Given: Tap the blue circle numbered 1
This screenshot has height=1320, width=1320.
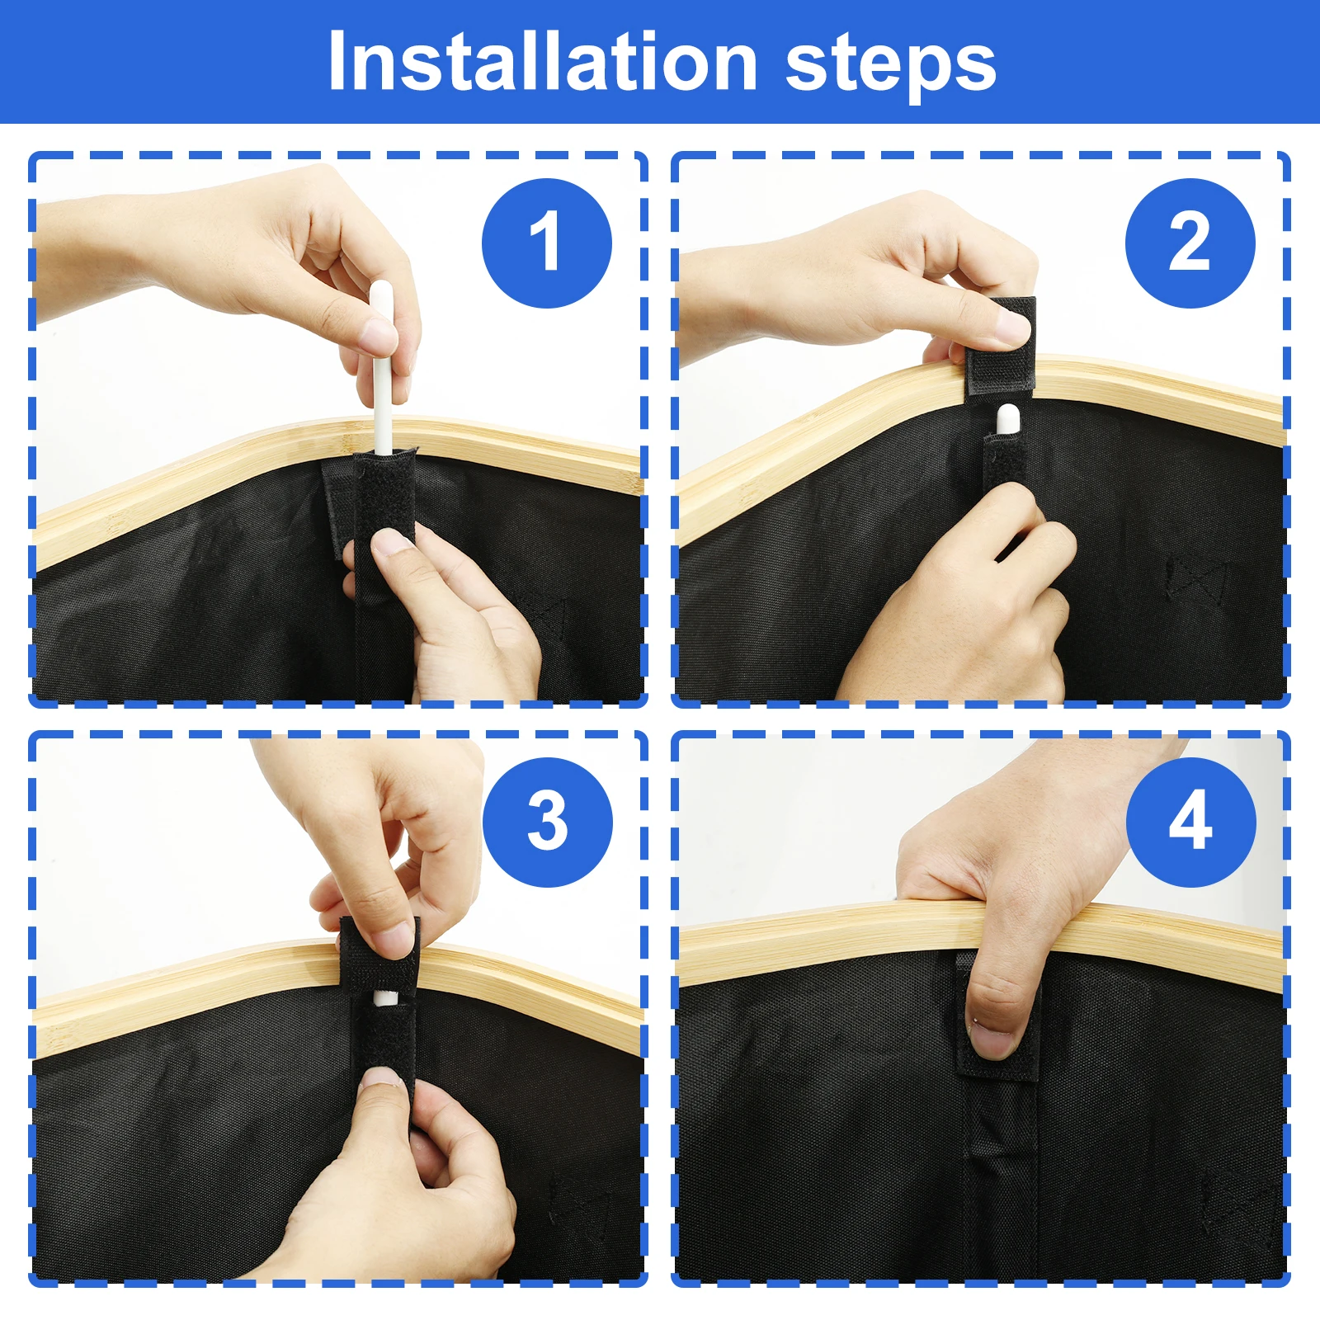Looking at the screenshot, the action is coord(546,243).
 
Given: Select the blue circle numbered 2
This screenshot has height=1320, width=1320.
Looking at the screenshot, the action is coord(1190,243).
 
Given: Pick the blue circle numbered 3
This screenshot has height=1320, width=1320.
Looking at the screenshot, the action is coord(547,823).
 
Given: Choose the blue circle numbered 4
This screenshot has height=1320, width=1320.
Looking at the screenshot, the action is coord(1190,823).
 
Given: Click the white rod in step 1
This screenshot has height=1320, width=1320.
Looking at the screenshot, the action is coord(382,367).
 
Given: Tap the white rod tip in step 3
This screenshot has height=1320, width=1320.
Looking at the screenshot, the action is coord(384,998).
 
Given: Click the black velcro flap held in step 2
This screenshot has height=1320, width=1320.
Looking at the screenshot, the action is coord(1001,346).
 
